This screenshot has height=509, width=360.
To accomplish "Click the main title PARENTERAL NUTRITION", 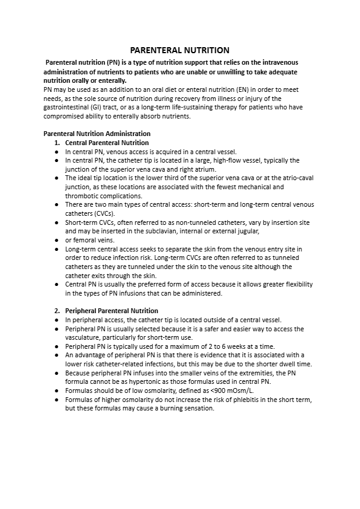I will [180, 50].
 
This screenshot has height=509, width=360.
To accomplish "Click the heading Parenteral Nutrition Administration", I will [97, 134].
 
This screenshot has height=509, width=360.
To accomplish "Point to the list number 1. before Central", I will [58, 143].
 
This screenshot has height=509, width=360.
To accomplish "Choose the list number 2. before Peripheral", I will [58, 311].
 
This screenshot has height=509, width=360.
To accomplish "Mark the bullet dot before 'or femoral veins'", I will [56, 241].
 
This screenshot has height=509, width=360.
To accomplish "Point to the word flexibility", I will [295, 285].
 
